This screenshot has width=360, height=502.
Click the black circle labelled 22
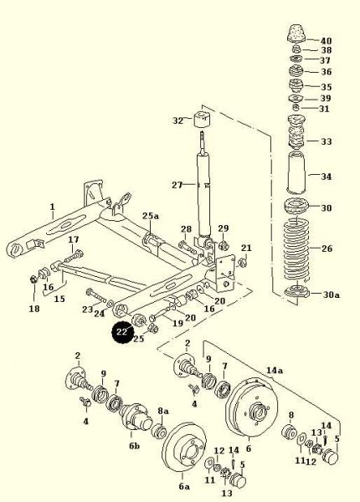pos(122,332)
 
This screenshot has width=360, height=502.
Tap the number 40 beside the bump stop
pos(327,41)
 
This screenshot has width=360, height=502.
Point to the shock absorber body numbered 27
pos(203,194)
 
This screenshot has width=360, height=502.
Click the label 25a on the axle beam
pos(151,216)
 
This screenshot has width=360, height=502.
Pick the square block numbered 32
pos(203,119)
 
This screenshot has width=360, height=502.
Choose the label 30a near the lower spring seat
pos(331,295)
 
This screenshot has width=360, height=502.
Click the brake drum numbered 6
pos(252,407)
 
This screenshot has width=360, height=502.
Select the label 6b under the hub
pos(134,445)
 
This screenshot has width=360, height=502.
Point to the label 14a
pos(275,371)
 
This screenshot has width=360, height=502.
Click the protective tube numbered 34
pos(296,173)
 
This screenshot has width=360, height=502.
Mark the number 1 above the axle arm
pos(53,207)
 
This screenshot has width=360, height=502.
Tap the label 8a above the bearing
pos(162,411)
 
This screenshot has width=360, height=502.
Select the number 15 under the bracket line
pos(59,299)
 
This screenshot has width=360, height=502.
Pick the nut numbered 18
pos(34,279)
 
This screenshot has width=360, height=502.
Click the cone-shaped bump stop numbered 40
pos(296,33)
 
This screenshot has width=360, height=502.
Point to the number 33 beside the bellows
pos(326,141)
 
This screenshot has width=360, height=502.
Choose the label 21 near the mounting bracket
pos(246,248)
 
